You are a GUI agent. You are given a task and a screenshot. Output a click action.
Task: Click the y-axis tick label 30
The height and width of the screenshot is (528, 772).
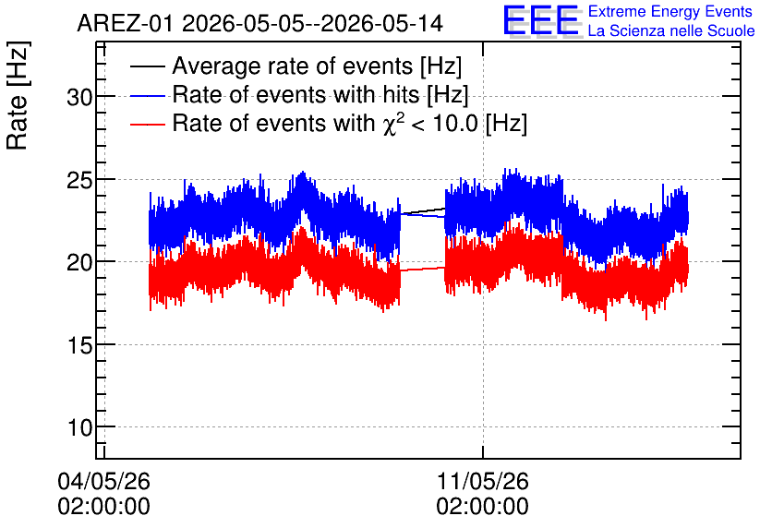(x=79, y=98)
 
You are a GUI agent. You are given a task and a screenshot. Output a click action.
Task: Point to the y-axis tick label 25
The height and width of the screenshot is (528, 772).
(x=79, y=181)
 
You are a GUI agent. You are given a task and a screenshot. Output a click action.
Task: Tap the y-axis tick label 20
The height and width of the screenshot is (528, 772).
(x=79, y=263)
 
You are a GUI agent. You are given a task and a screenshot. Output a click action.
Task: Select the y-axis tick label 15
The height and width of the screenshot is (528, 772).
(x=79, y=346)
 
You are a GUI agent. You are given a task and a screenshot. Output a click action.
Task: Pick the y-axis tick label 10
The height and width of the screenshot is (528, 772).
(x=79, y=428)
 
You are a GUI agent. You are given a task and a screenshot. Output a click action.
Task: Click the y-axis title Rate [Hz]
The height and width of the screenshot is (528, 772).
(x=18, y=95)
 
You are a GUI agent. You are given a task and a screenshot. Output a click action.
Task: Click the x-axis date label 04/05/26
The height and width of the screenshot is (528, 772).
(x=103, y=481)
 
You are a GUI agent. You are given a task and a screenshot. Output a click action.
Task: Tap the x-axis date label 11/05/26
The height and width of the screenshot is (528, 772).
(x=482, y=481)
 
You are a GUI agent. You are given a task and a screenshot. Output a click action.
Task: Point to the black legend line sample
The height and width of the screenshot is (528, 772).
(x=147, y=66)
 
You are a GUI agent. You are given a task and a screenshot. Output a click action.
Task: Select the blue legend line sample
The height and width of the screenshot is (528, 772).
(x=147, y=95)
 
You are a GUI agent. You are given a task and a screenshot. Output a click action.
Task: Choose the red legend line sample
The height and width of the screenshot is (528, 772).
(x=147, y=124)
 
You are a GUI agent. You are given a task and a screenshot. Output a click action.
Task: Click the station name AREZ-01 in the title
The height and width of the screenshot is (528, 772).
(x=125, y=24)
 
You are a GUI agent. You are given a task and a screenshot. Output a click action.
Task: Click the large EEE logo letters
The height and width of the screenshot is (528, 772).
(x=541, y=20)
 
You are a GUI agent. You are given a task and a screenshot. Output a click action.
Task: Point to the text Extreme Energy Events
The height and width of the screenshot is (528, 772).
(x=670, y=11)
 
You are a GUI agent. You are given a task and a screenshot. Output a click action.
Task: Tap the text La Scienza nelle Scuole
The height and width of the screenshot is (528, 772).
(x=671, y=30)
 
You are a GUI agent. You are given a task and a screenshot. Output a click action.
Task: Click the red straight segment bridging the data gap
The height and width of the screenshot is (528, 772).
(x=422, y=270)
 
